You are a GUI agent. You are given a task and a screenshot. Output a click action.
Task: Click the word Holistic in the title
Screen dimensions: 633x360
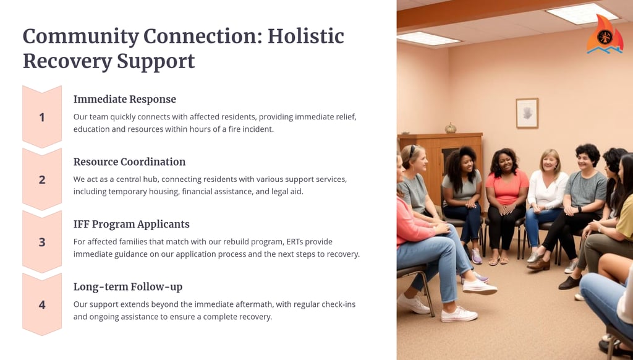click(305, 36)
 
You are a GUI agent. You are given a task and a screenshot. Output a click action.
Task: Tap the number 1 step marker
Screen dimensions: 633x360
click(42, 117)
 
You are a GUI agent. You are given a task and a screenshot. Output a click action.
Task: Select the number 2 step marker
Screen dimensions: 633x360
click(42, 179)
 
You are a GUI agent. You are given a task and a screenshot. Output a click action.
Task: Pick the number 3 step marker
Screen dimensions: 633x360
click(42, 242)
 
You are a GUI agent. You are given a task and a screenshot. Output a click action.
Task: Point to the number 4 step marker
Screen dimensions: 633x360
click(42, 305)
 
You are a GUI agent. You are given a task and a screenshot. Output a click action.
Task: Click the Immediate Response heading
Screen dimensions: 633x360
click(125, 100)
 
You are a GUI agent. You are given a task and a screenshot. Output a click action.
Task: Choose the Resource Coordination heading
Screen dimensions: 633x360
click(130, 161)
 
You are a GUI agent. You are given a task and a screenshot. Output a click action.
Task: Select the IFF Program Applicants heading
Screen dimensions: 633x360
click(132, 225)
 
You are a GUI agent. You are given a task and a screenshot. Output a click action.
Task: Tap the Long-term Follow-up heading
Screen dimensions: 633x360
click(128, 287)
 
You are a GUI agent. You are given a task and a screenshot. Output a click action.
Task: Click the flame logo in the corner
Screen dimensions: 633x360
click(605, 35)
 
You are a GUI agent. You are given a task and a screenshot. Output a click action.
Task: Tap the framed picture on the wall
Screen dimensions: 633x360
click(527, 113)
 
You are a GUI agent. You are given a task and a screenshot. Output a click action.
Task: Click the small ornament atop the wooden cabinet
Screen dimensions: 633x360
click(451, 128)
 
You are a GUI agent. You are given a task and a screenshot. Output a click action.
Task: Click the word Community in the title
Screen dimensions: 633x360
click(81, 36)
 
